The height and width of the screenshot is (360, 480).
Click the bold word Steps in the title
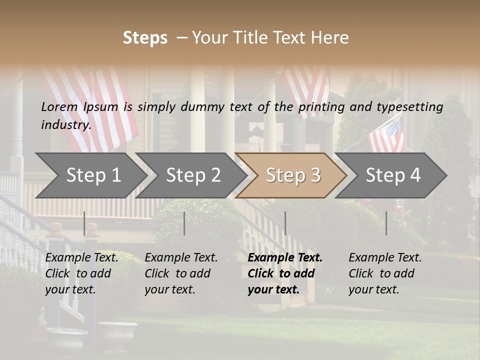click(x=145, y=38)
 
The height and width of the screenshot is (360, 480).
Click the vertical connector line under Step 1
click(x=84, y=223)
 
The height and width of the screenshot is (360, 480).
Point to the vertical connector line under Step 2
click(x=184, y=223)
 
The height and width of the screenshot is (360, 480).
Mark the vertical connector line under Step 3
click(x=285, y=223)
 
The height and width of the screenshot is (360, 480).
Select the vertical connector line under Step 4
click(x=386, y=223)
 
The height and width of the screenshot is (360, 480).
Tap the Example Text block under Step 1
click(x=81, y=273)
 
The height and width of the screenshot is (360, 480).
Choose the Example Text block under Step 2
click(x=181, y=273)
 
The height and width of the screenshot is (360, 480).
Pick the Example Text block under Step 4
click(x=385, y=273)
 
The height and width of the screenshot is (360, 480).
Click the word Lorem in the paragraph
click(x=59, y=107)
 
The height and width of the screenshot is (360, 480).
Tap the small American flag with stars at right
click(x=386, y=136)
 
